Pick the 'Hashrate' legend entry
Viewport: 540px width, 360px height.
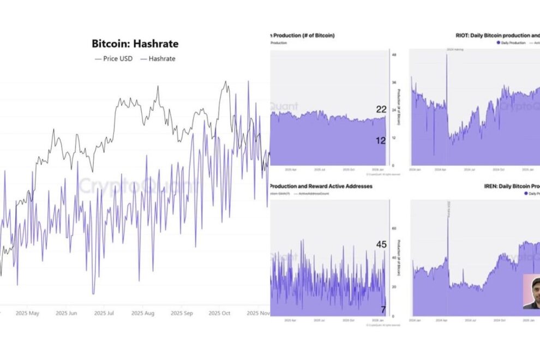coord(158,58)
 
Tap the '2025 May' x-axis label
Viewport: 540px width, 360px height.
coord(27,314)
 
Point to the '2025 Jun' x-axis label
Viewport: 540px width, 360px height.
coord(66,314)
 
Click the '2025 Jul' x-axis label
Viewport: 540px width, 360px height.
coord(104,314)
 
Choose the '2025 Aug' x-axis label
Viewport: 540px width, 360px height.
coord(143,314)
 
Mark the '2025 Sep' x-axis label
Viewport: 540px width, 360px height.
coord(182,314)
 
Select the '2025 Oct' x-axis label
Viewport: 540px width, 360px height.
coord(220,314)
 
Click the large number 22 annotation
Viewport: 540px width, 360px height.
coord(381,110)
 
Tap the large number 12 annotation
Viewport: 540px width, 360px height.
coord(381,140)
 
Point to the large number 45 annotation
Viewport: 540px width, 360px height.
coord(381,245)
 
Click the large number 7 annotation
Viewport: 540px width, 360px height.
coord(383,310)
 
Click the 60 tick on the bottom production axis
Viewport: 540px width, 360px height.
coord(394,229)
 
